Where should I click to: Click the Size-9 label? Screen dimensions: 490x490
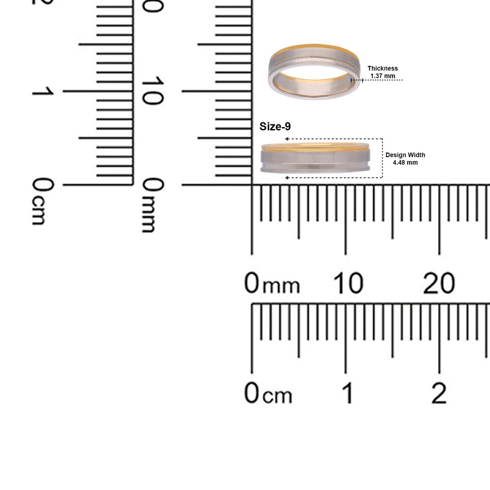point(275,127)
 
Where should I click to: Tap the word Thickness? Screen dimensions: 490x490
point(383,68)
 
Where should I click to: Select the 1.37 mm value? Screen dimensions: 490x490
point(383,76)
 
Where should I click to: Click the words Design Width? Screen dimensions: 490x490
point(405,155)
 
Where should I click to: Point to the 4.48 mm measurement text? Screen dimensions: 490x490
point(405,163)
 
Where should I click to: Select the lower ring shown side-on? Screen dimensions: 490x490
point(315,158)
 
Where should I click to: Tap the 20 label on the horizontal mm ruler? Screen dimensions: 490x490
point(439,283)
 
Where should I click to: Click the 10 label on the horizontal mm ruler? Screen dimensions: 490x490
point(348,283)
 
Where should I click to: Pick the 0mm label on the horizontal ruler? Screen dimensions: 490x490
point(272,283)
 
